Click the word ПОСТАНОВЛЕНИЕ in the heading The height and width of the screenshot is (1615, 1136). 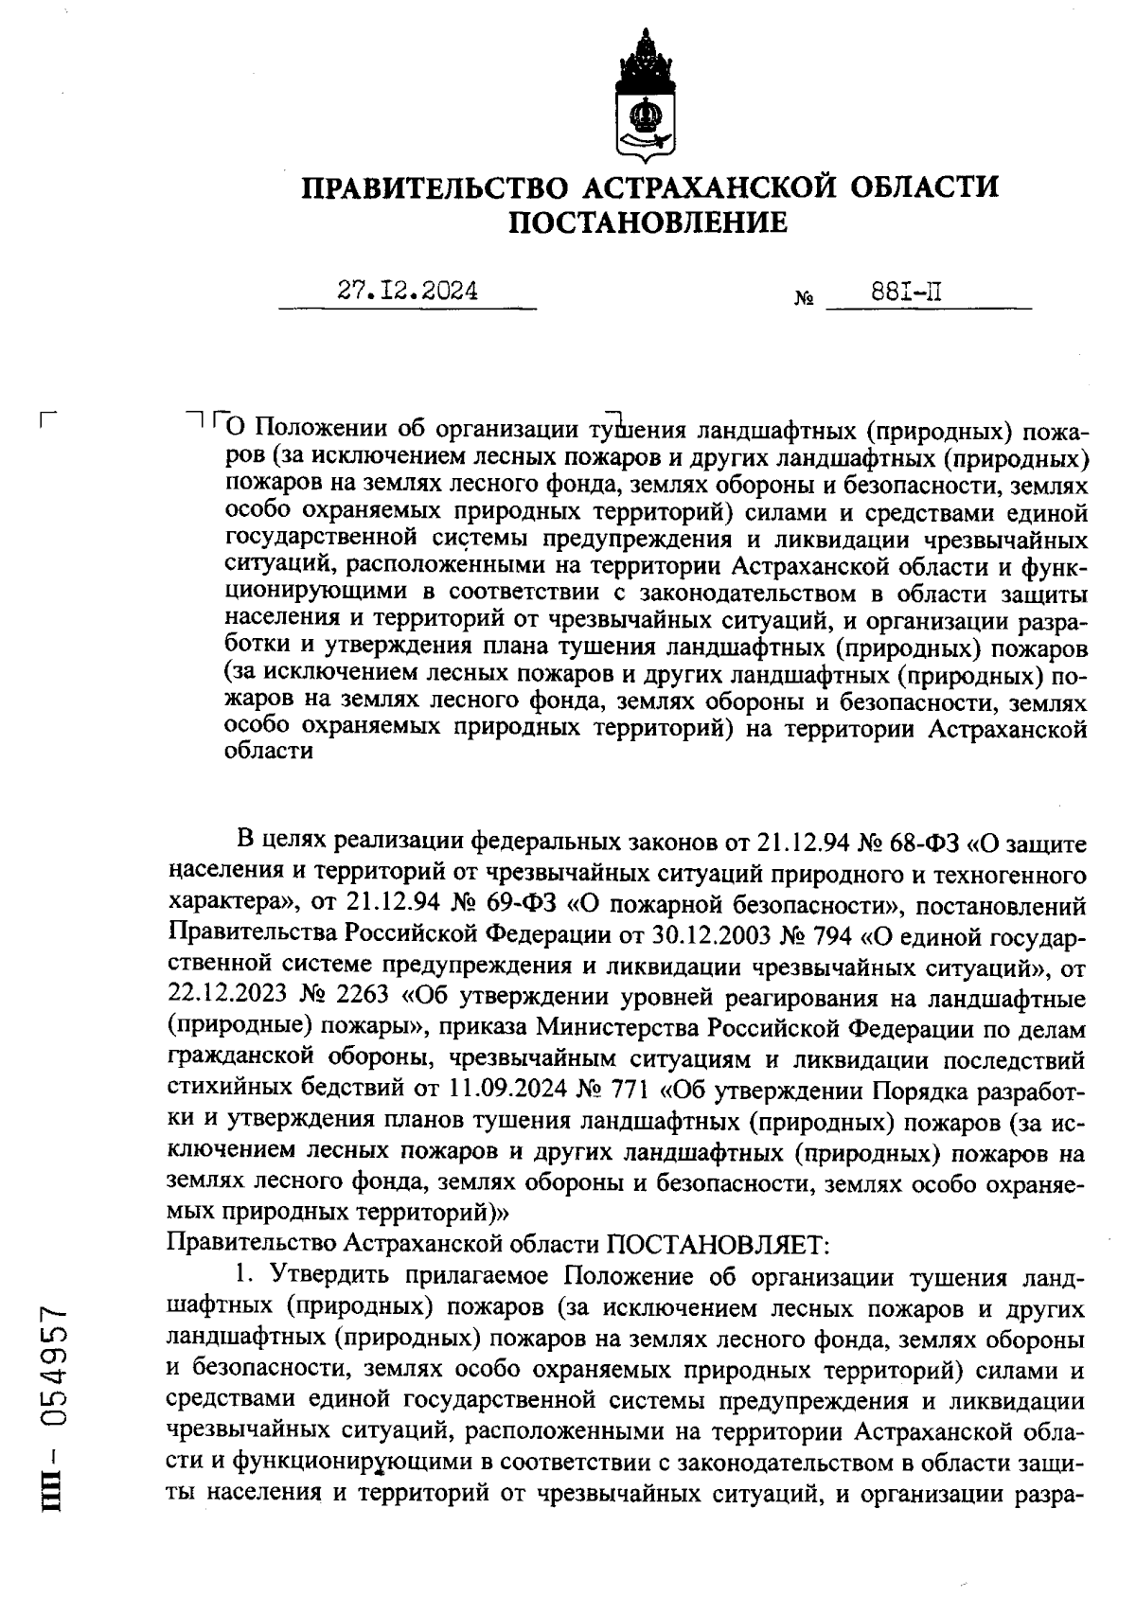click(x=648, y=223)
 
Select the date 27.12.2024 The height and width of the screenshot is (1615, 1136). click(x=408, y=291)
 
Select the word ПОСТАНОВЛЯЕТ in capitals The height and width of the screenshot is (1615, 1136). click(x=717, y=1241)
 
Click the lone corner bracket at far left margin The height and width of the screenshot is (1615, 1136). click(x=50, y=419)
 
